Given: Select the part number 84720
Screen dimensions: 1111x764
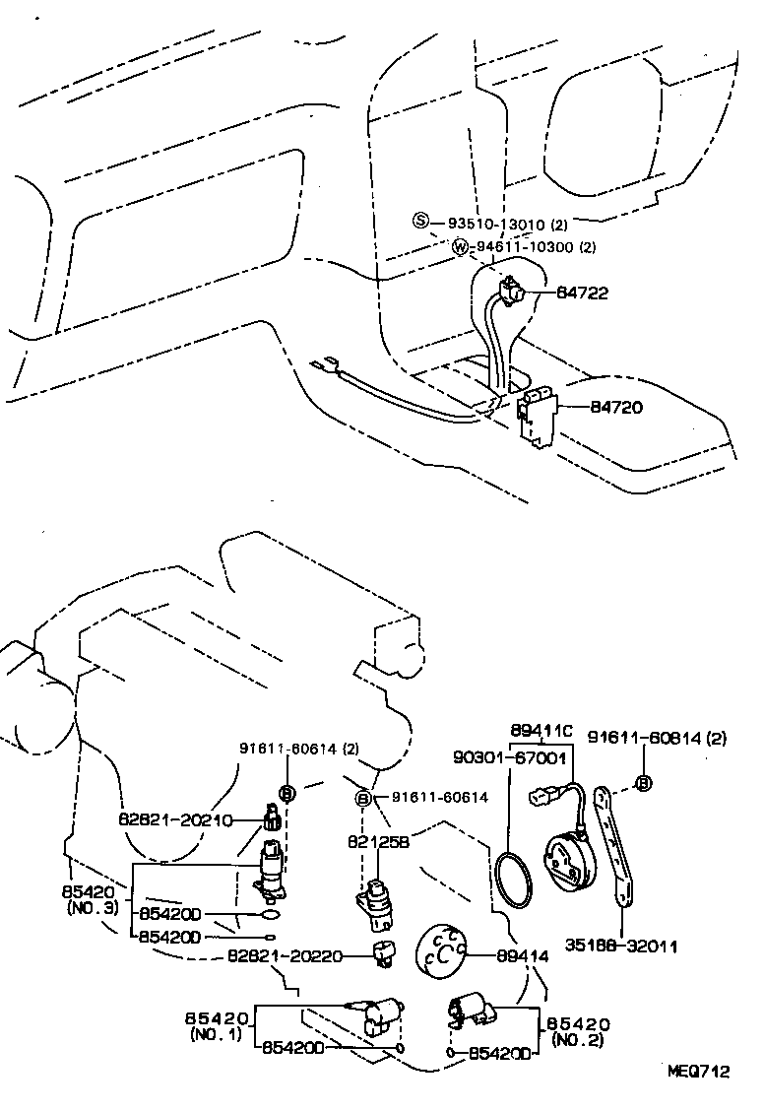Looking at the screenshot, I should pyautogui.click(x=617, y=406).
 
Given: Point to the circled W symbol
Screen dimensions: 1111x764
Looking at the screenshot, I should pyautogui.click(x=460, y=246).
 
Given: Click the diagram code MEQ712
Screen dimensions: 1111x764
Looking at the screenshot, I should pyautogui.click(x=699, y=1072).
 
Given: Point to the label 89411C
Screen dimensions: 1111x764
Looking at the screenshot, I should pyautogui.click(x=541, y=731).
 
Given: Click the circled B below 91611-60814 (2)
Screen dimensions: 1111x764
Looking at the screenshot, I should pyautogui.click(x=644, y=784).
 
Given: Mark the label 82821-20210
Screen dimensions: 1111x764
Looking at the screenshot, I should pyautogui.click(x=176, y=819).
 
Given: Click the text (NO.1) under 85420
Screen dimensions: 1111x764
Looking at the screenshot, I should pyautogui.click(x=217, y=1035).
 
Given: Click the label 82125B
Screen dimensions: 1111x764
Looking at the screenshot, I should pyautogui.click(x=376, y=842).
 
